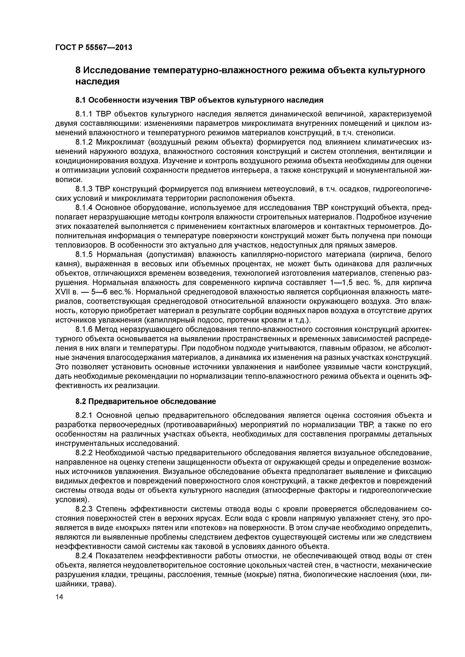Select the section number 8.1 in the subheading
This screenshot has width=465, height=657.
tap(80, 100)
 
